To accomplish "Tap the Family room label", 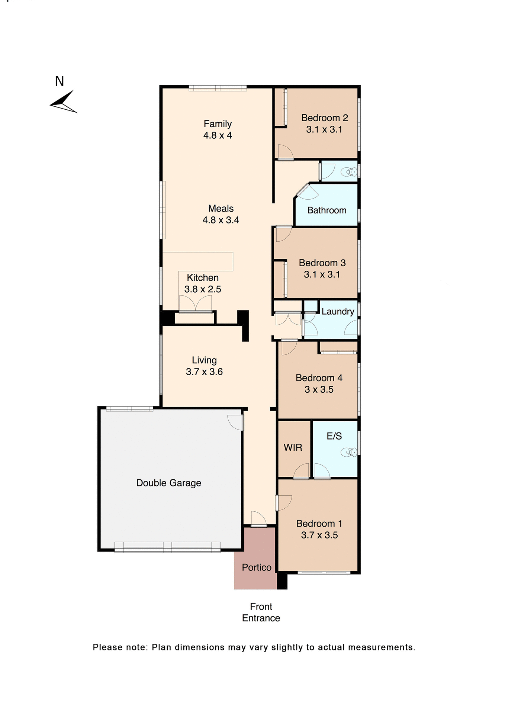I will pos(218,124).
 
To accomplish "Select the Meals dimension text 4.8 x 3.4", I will pos(221,220).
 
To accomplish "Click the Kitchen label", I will pos(203,278).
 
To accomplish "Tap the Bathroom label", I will pos(327,210).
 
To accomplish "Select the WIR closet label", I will pos(293,447).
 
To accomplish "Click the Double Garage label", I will pos(168,483).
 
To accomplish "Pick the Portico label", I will pos(256,567).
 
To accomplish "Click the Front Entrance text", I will pos(261,612).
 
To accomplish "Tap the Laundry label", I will pos(338,312).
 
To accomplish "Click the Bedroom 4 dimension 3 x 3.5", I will pos(319,390).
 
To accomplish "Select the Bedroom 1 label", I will pos(319,524).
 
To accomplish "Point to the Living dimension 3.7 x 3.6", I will pos(204,372).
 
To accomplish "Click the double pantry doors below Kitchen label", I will pos(196,303).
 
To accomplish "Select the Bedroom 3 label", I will pos(322,263).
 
